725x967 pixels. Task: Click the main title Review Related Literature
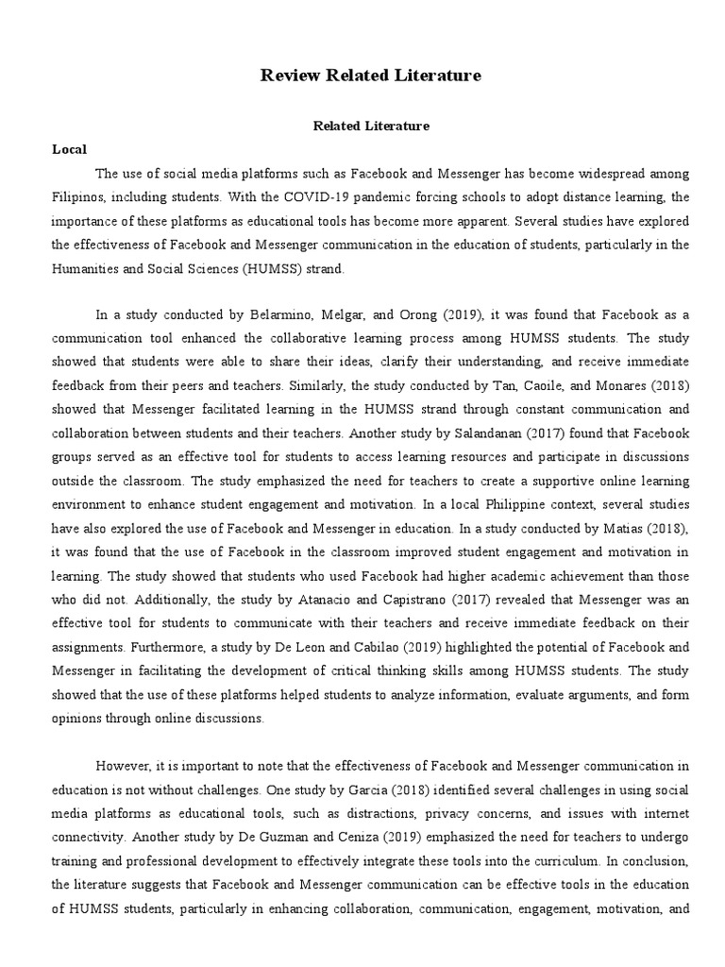click(x=371, y=76)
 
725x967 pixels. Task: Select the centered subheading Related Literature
click(x=371, y=125)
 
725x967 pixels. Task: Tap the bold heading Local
click(x=69, y=149)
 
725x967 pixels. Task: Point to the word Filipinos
click(x=79, y=198)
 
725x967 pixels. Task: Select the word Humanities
click(x=88, y=268)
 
